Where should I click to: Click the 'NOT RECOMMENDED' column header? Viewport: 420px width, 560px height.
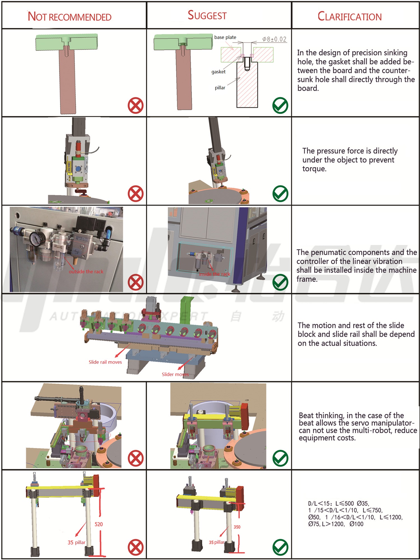pyautogui.click(x=69, y=17)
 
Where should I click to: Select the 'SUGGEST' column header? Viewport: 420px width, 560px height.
pyautogui.click(x=207, y=15)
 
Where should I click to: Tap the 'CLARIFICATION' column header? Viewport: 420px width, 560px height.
pyautogui.click(x=349, y=17)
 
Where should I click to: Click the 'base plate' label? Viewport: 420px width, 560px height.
pyautogui.click(x=225, y=37)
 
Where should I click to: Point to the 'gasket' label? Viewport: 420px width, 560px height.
pyautogui.click(x=218, y=72)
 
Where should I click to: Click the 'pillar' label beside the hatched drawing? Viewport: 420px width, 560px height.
pyautogui.click(x=220, y=88)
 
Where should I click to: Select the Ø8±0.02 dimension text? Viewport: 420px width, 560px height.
pyautogui.click(x=274, y=39)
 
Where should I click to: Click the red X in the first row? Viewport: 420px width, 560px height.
pyautogui.click(x=136, y=106)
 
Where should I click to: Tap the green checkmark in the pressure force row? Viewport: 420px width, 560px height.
pyautogui.click(x=280, y=194)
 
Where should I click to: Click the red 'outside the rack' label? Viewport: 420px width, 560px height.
pyautogui.click(x=86, y=272)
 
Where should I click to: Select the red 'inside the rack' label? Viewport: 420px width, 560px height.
pyautogui.click(x=215, y=274)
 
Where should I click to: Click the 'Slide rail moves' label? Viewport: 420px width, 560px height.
pyautogui.click(x=105, y=362)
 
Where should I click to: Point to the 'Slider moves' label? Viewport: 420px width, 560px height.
pyautogui.click(x=175, y=374)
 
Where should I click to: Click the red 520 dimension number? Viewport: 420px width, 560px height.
pyautogui.click(x=99, y=524)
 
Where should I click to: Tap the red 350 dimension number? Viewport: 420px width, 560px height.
pyautogui.click(x=237, y=527)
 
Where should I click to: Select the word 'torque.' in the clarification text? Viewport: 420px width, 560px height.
pyautogui.click(x=314, y=169)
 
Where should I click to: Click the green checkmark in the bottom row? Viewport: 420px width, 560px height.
pyautogui.click(x=280, y=547)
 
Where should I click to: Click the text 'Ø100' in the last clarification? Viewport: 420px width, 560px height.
pyautogui.click(x=356, y=524)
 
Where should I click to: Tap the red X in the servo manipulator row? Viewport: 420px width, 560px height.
pyautogui.click(x=136, y=458)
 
